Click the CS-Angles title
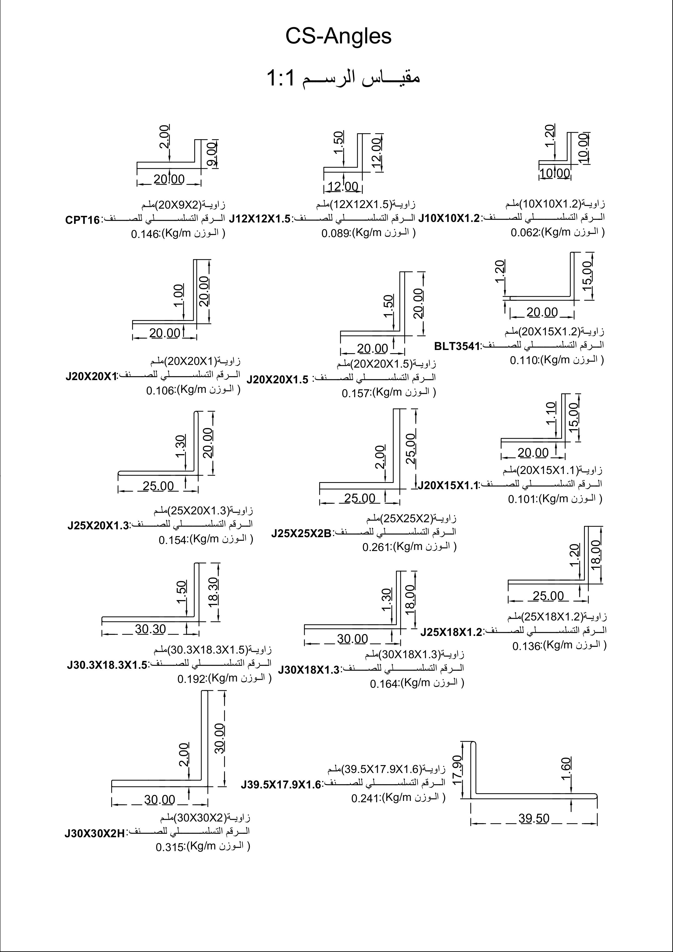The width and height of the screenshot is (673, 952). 338,36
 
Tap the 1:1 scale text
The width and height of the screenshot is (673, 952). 281,78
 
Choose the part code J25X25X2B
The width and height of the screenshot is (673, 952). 301,533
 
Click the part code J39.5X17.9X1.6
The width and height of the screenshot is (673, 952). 281,785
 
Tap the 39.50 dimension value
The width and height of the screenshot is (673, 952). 534,818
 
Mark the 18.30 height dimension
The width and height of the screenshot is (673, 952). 213,593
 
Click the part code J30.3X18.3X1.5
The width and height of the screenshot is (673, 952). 107,666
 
